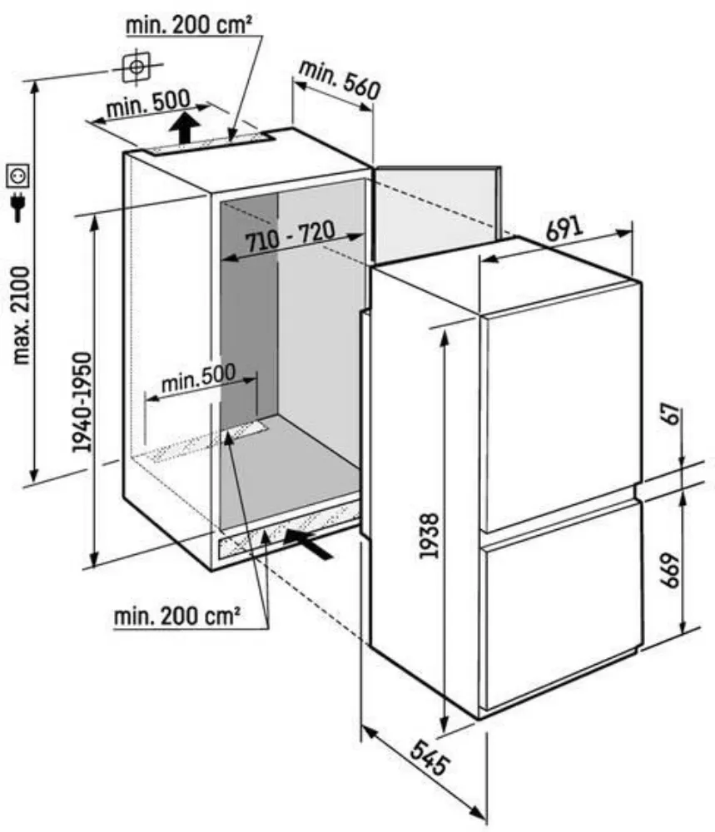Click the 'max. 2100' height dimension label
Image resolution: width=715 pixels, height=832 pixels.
coord(22,315)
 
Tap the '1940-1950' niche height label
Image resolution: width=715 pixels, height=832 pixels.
coord(82,402)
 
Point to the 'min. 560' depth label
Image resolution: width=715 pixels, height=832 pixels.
coord(340,80)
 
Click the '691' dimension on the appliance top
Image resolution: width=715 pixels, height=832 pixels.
coord(564,228)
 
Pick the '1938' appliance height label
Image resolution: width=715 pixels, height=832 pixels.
coord(429,535)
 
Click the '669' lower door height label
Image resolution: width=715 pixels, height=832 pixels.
coord(670,571)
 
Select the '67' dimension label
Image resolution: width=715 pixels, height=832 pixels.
coord(672,414)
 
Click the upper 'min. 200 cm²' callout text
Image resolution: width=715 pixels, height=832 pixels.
coord(188,25)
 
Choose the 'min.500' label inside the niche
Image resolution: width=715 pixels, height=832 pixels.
coord(198,377)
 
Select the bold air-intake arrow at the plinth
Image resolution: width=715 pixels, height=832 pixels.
coord(308,542)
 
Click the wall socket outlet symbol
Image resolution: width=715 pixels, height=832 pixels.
coord(17,176)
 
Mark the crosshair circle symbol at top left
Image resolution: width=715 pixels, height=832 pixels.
coord(137,67)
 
